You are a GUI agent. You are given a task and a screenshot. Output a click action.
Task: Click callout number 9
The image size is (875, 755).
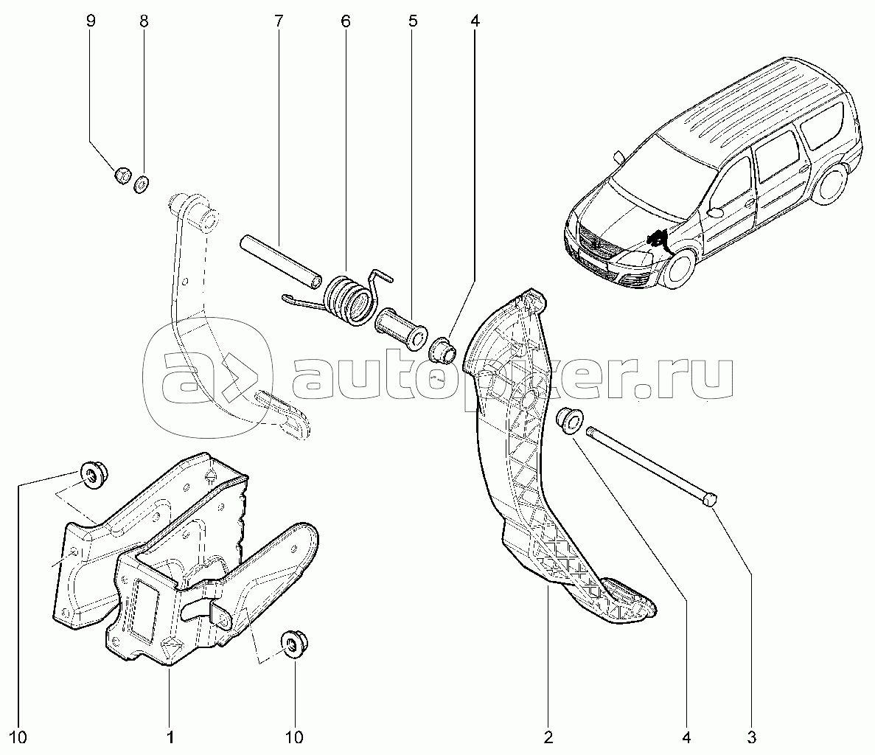(x=91, y=21)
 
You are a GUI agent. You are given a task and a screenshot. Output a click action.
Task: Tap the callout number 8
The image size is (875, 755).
(x=143, y=21)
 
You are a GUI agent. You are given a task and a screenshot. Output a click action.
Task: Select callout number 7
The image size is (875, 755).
(x=278, y=21)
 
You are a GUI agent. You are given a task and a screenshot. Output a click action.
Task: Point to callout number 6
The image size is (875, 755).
(x=345, y=21)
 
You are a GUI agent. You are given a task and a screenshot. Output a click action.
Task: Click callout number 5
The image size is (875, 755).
(x=413, y=21)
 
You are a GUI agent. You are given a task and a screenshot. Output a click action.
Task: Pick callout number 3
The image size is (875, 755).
(x=751, y=736)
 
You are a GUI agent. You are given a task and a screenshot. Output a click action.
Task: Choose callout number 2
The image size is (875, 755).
(x=547, y=736)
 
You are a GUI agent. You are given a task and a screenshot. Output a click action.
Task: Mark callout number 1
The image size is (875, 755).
(x=169, y=736)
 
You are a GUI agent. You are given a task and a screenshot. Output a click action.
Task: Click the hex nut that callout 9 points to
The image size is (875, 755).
(x=122, y=176)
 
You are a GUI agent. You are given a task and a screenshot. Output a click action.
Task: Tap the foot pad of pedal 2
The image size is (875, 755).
(x=630, y=597)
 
